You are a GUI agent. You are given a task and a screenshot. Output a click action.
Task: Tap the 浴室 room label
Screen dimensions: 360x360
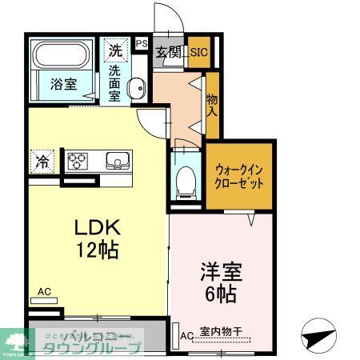[x=63, y=82]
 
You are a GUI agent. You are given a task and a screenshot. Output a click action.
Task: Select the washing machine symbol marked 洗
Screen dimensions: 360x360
[x=116, y=50]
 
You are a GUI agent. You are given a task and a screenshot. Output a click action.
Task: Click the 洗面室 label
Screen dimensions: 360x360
[x=115, y=82]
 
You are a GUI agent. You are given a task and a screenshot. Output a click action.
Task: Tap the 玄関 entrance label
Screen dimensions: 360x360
[x=168, y=54]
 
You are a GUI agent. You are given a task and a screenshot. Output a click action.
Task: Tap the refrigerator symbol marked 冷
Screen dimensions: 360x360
[x=40, y=161]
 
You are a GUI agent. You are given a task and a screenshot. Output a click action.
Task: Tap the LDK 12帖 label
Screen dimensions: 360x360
[x=98, y=238]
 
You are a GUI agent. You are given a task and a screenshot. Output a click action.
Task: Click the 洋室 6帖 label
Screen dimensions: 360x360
[x=218, y=282]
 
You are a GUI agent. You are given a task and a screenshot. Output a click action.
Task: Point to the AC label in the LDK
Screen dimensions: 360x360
[x=45, y=294]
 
